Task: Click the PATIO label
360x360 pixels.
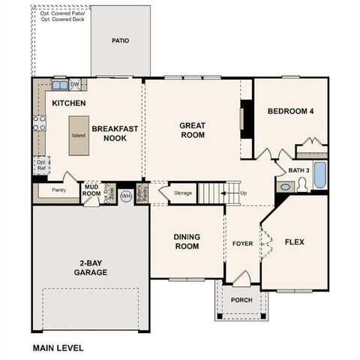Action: point(120,40)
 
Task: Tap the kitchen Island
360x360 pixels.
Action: point(79,135)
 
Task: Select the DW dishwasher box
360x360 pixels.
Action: point(75,84)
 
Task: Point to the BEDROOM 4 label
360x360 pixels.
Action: point(291,112)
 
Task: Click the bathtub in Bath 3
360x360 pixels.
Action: point(319,175)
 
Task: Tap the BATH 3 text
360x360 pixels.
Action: point(298,170)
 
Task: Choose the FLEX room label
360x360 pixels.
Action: point(295,241)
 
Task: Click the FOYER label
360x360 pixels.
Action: point(242,243)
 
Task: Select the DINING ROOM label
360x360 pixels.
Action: point(187,241)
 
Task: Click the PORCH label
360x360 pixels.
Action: point(241,300)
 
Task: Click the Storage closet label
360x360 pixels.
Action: point(183,193)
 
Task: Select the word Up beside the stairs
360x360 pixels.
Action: point(243,193)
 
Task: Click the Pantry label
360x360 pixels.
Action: point(58,190)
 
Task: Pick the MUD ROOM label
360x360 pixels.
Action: point(91,190)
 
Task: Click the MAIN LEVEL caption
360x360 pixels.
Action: point(58,347)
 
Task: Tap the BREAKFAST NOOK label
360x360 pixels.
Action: point(115,133)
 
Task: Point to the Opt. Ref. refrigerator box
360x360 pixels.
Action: point(42,165)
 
